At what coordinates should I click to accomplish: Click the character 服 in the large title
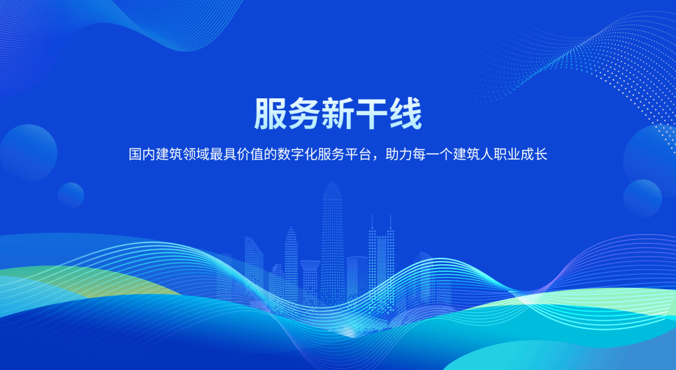click(x=270, y=114)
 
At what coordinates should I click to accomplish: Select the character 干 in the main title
click(x=371, y=114)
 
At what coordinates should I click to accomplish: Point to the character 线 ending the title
click(x=405, y=114)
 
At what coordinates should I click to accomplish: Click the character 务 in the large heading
click(x=304, y=114)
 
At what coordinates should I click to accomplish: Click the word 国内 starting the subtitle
click(x=142, y=154)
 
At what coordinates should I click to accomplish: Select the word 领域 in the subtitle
click(x=196, y=154)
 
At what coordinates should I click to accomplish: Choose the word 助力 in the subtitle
click(x=398, y=154)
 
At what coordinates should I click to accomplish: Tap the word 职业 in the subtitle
click(x=506, y=154)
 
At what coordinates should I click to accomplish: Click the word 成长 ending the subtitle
click(x=534, y=154)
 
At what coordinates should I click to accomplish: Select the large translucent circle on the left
click(x=28, y=153)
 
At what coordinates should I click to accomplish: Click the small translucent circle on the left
click(x=71, y=195)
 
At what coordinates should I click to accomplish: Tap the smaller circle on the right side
click(x=642, y=199)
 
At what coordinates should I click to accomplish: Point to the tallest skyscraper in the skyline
click(x=332, y=244)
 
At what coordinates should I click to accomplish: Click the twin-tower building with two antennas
click(x=381, y=259)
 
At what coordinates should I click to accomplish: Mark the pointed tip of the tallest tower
click(x=332, y=181)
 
